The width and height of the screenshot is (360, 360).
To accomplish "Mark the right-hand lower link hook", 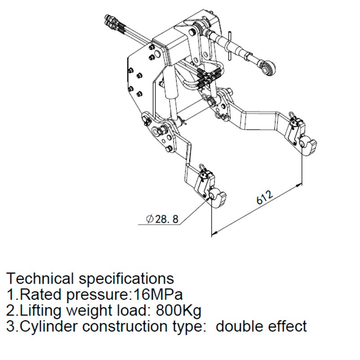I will (310, 146).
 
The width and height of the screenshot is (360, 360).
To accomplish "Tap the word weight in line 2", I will (88, 310).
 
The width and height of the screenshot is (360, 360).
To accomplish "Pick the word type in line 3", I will (191, 326).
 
